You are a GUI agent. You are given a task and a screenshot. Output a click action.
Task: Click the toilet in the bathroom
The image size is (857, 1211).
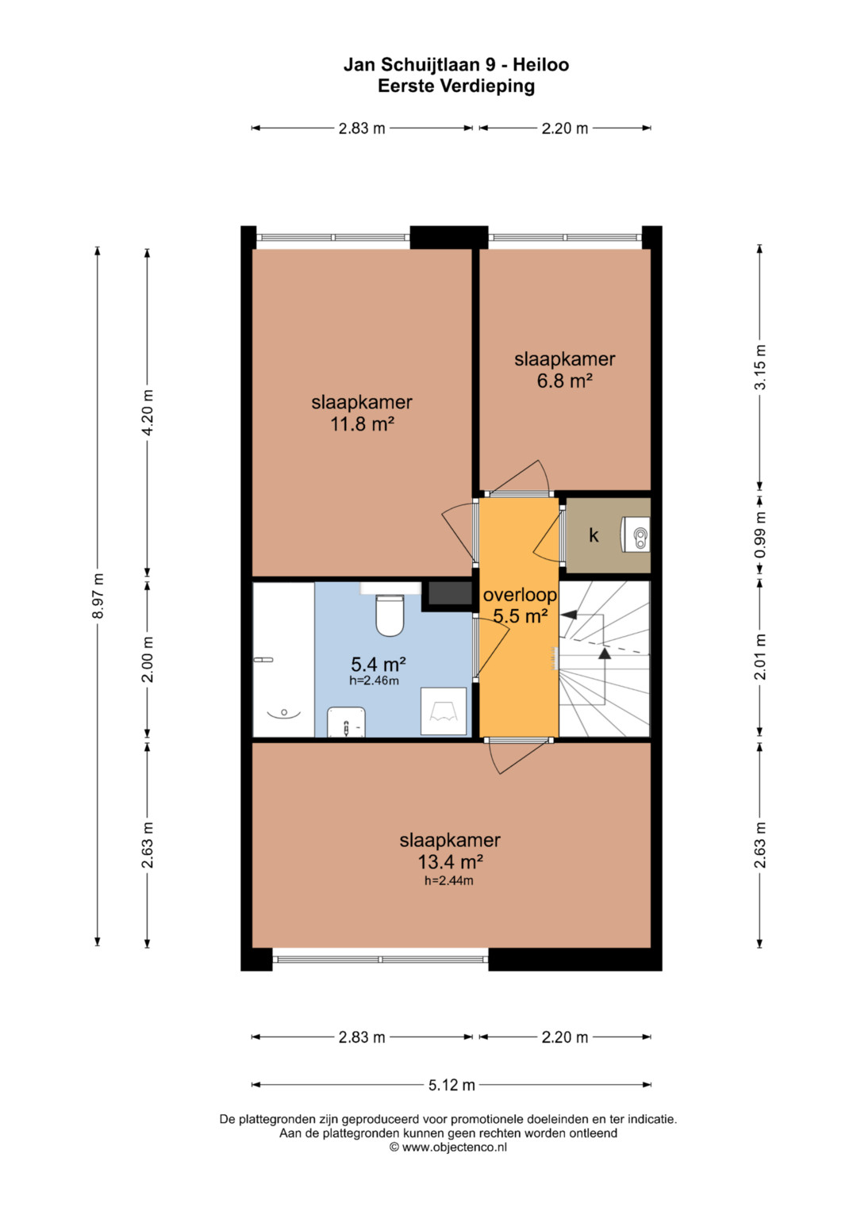point(390,615)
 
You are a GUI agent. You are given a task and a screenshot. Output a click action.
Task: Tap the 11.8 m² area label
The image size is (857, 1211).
point(362,423)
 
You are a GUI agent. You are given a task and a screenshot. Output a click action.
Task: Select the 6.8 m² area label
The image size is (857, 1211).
point(564,381)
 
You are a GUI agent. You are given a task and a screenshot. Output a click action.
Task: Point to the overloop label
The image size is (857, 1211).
point(520,596)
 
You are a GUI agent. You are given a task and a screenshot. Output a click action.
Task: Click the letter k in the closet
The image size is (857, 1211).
point(594,535)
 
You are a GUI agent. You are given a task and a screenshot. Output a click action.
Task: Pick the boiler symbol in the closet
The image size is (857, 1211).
point(636,535)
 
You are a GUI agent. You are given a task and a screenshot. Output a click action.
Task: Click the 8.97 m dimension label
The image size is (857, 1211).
point(98,596)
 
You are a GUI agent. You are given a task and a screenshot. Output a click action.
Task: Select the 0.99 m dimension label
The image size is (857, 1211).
point(760,535)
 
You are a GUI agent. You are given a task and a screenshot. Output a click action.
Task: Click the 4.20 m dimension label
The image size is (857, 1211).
point(147,412)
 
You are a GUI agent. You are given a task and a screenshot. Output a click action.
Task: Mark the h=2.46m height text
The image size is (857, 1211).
point(374,680)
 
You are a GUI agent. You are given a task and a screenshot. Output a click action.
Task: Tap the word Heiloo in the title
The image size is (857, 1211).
point(540,65)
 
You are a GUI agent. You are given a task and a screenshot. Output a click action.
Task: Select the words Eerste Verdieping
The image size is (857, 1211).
point(456,86)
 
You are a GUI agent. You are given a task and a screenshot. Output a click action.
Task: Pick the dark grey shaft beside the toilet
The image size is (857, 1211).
point(450,593)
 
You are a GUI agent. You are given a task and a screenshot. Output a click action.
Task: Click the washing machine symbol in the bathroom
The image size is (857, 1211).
point(444,711)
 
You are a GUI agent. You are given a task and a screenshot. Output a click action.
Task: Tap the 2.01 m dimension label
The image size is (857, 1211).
point(760,657)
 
